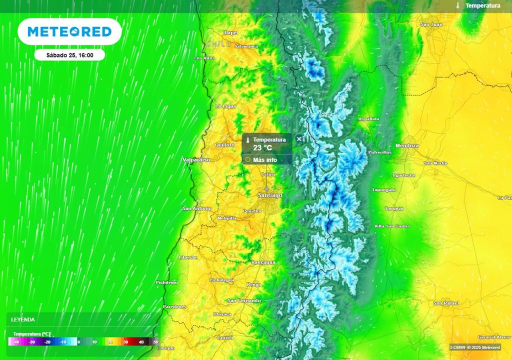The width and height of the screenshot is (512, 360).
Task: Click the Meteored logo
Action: click(69, 31)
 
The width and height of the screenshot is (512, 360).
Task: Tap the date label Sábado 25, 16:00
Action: click(69, 55)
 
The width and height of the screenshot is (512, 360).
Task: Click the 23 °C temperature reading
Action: click(262, 148)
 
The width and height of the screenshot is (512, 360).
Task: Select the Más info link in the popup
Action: click(265, 160)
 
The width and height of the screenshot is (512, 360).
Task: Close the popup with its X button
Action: click(299, 139)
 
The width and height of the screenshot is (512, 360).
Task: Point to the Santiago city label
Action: click(270, 194)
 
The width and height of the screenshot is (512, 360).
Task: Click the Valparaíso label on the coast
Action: click(196, 159)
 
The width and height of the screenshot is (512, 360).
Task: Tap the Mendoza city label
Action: click(406, 145)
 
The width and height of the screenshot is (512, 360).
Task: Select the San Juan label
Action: click(431, 24)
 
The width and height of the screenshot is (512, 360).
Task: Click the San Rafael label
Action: click(445, 303)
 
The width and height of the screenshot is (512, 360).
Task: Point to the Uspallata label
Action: click(368, 119)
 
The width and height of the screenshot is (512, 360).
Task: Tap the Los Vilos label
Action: click(204, 58)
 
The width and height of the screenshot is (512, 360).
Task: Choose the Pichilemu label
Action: click(166, 282)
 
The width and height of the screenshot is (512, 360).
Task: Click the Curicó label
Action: click(225, 337)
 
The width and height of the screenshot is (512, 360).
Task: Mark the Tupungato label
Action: click(383, 190)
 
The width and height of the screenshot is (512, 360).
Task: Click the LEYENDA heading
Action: click(23, 319)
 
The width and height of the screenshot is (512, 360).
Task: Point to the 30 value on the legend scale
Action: click(126, 342)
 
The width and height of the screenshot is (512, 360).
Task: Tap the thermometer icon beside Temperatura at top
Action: click(457, 5)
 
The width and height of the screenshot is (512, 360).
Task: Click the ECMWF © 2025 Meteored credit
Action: click(474, 347)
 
